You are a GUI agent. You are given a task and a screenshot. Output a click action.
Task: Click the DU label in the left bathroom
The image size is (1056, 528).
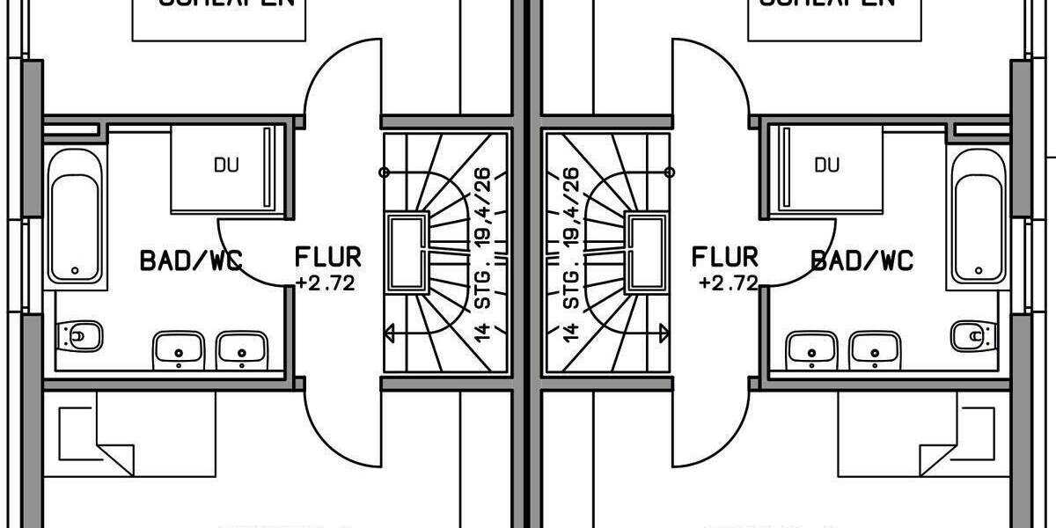[226, 165]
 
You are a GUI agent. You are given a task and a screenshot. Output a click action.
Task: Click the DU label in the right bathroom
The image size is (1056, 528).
[826, 165]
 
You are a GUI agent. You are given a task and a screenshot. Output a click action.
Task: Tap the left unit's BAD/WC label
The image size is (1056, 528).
[191, 260]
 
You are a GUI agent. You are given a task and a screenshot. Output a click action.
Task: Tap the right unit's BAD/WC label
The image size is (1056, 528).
[862, 260]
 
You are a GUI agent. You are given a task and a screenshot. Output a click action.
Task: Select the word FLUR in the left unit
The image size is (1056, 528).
[327, 258]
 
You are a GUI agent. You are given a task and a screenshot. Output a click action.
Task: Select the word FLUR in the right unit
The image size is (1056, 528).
[725, 258]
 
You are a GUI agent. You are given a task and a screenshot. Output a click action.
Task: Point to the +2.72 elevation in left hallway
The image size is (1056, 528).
[326, 283]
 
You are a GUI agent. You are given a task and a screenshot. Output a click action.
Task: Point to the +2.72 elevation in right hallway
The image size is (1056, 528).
[728, 283]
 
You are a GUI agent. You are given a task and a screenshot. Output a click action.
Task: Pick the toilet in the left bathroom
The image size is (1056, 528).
[81, 335]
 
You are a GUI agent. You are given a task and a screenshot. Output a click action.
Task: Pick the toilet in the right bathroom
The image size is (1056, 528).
[973, 335]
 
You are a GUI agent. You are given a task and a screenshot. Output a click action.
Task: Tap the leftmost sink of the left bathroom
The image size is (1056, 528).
[179, 350]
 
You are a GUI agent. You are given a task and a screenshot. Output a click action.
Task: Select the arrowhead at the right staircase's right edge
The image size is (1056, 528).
[665, 333]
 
